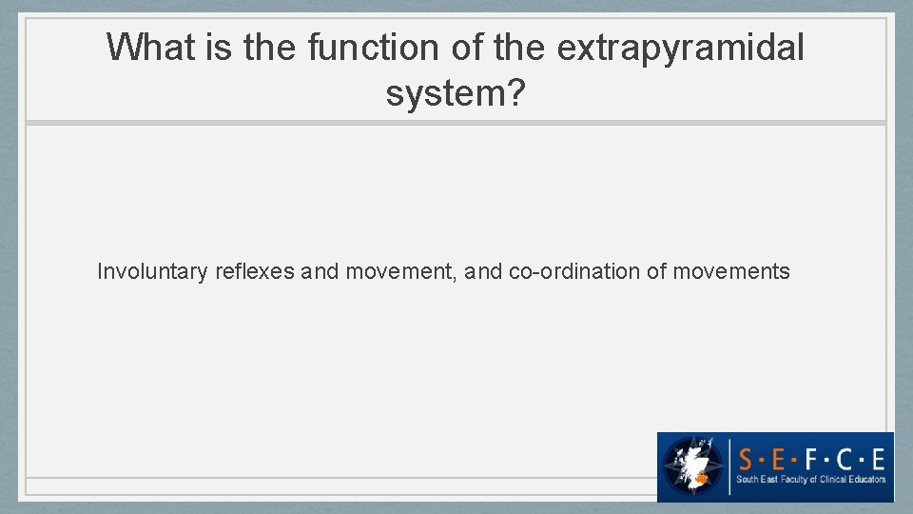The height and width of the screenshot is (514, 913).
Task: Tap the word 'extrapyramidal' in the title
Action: click(680, 47)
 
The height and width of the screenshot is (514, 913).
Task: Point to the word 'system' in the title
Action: click(445, 93)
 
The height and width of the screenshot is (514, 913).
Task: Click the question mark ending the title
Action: click(515, 93)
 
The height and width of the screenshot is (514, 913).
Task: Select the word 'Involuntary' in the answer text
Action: click(152, 272)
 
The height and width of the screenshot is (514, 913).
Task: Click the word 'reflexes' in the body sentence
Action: click(255, 272)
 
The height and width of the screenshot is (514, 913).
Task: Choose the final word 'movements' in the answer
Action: click(731, 272)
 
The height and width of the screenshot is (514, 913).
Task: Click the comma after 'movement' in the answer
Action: click(462, 278)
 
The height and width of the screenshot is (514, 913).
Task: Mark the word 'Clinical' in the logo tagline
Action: click(827, 480)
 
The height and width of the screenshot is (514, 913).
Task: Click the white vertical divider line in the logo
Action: click(729, 465)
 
